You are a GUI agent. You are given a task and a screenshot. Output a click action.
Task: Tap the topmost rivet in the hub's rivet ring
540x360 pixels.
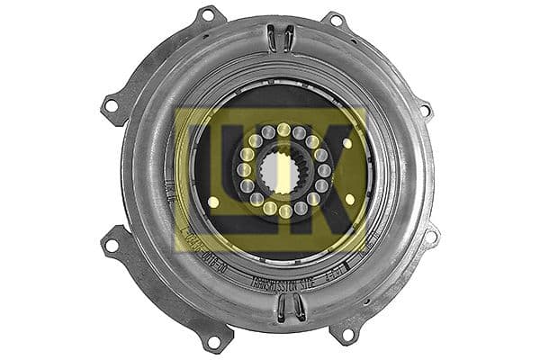(x=283, y=130)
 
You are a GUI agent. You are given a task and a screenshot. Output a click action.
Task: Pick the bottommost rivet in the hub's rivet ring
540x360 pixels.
(x=284, y=211)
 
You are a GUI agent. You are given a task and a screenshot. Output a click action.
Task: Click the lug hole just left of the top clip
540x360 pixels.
(x=208, y=16)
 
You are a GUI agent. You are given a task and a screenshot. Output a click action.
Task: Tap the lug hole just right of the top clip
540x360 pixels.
(x=335, y=20)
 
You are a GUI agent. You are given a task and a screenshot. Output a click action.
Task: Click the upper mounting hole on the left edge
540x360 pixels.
(x=111, y=105)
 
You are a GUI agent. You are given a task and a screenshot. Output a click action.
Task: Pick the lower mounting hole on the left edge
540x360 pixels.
(x=112, y=245)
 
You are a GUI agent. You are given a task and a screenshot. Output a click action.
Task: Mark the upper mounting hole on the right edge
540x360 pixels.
(x=423, y=110)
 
